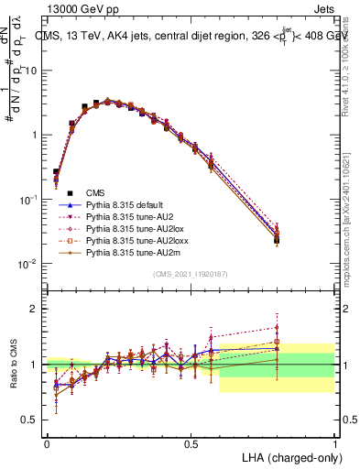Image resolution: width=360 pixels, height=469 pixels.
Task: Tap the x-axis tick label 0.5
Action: pyautogui.click(x=191, y=442)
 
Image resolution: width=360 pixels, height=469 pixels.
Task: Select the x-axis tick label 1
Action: pyautogui.click(x=334, y=442)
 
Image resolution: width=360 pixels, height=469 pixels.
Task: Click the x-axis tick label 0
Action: pyautogui.click(x=47, y=442)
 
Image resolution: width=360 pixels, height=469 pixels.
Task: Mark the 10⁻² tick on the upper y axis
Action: pyautogui.click(x=29, y=264)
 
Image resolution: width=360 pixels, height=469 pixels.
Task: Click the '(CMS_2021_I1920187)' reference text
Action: pyautogui.click(x=191, y=274)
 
